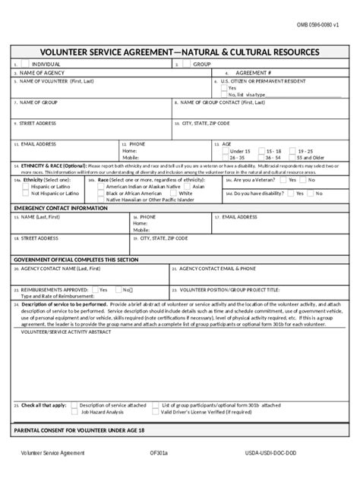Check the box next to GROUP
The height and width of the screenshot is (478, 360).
pyautogui.click(x=186, y=64)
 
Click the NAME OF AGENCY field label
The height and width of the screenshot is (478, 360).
pyautogui.click(x=38, y=72)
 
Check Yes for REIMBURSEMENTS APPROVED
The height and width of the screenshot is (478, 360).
pyautogui.click(x=94, y=288)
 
